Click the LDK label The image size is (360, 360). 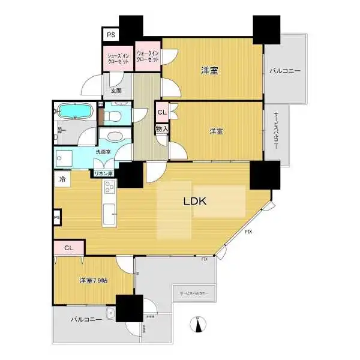click(x=194, y=202)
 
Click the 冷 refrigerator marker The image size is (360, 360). click(x=62, y=178)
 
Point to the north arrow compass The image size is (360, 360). click(x=197, y=325)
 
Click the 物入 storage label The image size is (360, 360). click(x=161, y=128)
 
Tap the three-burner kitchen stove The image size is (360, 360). click(x=110, y=191)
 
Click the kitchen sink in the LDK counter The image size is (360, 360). click(x=110, y=214)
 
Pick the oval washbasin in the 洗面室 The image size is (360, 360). click(x=115, y=135)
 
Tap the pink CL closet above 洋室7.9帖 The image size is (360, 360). click(x=68, y=247)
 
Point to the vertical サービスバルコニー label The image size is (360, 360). click(x=277, y=133)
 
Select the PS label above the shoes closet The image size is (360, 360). click(x=111, y=35)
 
